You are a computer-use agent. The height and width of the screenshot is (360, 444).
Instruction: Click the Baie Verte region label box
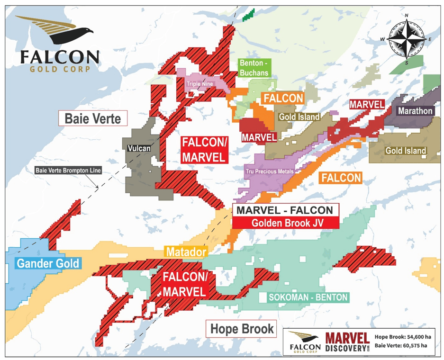click(x=93, y=118)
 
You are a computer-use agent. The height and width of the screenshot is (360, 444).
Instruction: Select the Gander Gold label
click(x=48, y=263)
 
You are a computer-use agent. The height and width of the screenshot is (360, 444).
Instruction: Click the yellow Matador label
click(x=186, y=252)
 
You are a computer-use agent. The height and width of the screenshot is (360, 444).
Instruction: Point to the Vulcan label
click(x=139, y=148)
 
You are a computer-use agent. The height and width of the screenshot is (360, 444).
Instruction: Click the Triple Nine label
click(x=200, y=84)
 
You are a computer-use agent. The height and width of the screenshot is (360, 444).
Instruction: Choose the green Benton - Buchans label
click(x=254, y=68)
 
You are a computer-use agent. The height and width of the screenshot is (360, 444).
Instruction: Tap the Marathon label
click(x=415, y=111)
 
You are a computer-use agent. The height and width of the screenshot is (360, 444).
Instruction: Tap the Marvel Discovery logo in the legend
click(x=347, y=342)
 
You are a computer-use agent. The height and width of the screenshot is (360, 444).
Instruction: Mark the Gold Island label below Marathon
click(x=405, y=151)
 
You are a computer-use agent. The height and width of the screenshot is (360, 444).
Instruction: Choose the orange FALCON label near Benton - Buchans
click(x=283, y=98)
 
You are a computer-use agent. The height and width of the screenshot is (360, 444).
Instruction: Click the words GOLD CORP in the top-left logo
click(x=58, y=70)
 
